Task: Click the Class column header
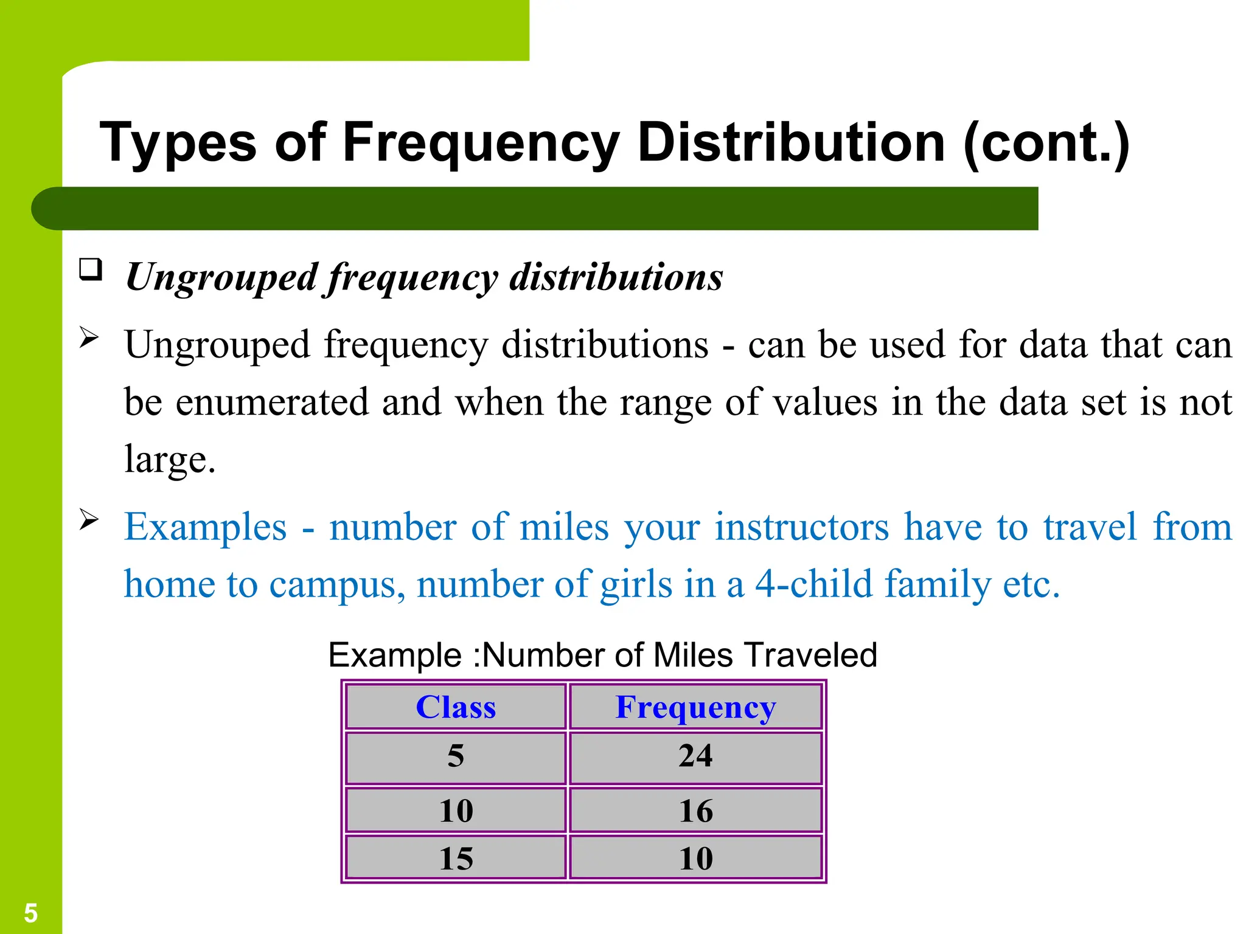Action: click(456, 707)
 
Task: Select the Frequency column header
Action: click(695, 707)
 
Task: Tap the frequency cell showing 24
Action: click(695, 756)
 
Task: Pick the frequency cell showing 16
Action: click(695, 811)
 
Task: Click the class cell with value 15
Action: click(456, 858)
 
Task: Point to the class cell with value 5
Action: click(456, 756)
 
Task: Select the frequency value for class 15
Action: click(695, 858)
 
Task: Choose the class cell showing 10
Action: click(456, 811)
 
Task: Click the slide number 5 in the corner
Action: click(30, 913)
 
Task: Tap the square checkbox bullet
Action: click(90, 269)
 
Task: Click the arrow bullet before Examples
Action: click(89, 519)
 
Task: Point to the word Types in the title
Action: click(178, 144)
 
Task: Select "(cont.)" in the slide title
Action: click(1046, 144)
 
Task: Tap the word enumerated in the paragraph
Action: click(272, 402)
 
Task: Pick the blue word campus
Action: click(336, 584)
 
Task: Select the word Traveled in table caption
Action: click(810, 656)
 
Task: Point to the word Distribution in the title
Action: click(791, 144)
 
